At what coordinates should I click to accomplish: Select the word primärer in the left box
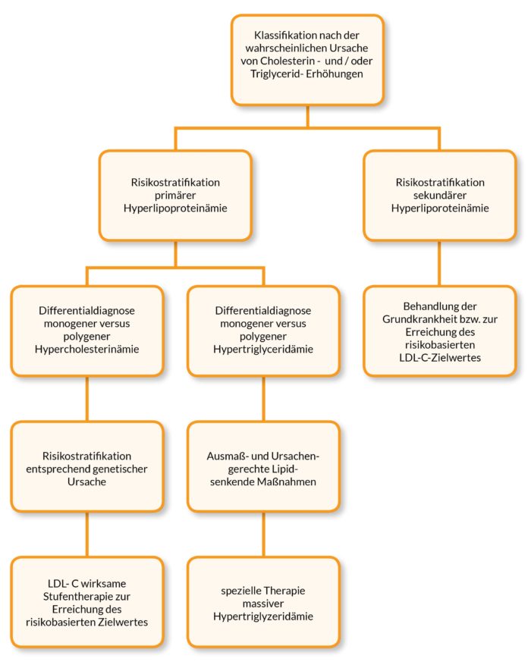[x=175, y=196]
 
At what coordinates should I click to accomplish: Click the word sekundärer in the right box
[x=440, y=196]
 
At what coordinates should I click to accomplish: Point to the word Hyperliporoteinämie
[x=440, y=209]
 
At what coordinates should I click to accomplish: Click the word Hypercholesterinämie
[x=87, y=349]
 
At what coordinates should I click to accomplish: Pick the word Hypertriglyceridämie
[x=263, y=349]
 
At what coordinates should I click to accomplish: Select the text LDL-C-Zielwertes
[x=440, y=357]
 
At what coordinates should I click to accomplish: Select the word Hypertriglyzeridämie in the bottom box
[x=263, y=616]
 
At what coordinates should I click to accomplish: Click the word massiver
[x=263, y=604]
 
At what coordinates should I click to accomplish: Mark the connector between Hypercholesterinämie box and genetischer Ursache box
[x=87, y=399]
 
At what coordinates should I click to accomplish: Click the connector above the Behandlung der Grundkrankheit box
[x=439, y=263]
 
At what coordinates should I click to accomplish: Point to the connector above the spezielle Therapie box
[x=263, y=534]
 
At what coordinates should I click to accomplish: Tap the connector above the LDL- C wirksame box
[x=87, y=534]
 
